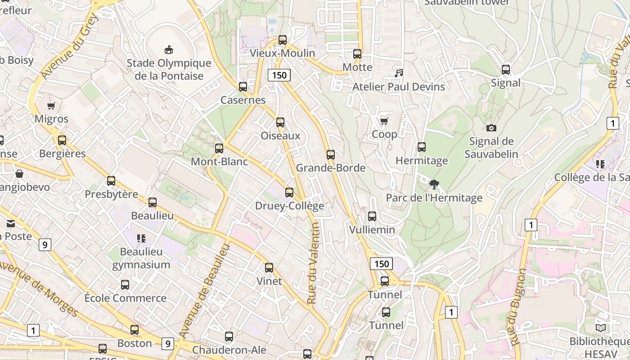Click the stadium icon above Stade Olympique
[169, 49]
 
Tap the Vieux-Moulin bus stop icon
[283, 40]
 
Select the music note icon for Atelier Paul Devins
[398, 73]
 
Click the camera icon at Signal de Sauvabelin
[491, 128]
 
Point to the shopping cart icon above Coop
[384, 121]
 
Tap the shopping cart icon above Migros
[51, 106]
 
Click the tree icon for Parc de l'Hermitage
[434, 184]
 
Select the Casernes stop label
[243, 100]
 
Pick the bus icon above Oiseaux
[280, 122]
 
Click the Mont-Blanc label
[219, 161]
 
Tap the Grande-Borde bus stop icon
[331, 155]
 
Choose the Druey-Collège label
[289, 206]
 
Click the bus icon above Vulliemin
[372, 216]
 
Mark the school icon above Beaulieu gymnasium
[141, 238]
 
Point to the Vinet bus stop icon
[269, 268]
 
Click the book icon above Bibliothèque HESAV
[600, 328]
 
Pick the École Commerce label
[126, 298]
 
